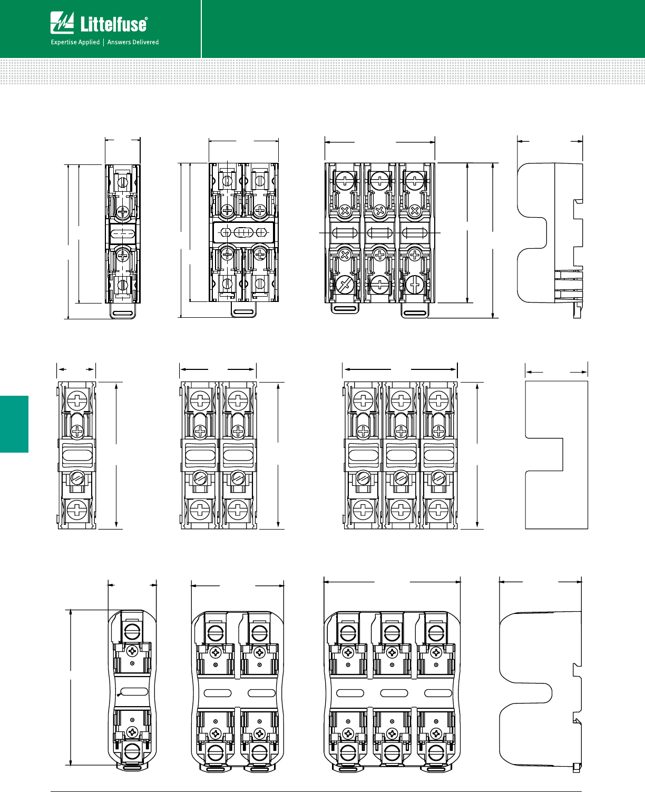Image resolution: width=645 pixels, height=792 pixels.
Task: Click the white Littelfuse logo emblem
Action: click(x=62, y=23)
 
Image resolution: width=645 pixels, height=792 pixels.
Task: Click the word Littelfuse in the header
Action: click(x=114, y=24)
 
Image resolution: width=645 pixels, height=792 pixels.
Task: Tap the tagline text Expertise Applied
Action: click(x=75, y=42)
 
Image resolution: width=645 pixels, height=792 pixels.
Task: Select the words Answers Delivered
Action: click(x=133, y=42)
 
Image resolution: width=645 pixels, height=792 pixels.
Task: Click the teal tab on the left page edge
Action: click(x=14, y=424)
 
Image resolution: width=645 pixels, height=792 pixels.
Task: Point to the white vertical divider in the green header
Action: click(x=201, y=28)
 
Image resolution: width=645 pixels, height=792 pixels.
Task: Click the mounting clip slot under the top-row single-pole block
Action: click(x=123, y=313)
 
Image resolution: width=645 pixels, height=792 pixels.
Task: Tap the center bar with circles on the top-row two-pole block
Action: click(x=243, y=232)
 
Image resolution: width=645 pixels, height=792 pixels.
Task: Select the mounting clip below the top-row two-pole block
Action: click(x=243, y=311)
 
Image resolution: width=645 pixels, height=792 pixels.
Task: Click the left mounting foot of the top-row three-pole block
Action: click(x=345, y=308)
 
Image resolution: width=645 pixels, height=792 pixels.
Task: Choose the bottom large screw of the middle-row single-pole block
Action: click(x=77, y=510)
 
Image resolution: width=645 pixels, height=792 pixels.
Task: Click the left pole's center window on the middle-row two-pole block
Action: click(x=200, y=454)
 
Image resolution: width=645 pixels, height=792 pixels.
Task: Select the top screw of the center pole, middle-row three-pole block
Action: click(x=400, y=400)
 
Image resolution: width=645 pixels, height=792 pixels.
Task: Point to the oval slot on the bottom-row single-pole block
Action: click(x=134, y=692)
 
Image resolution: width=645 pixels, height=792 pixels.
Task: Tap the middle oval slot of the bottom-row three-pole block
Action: click(x=394, y=693)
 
